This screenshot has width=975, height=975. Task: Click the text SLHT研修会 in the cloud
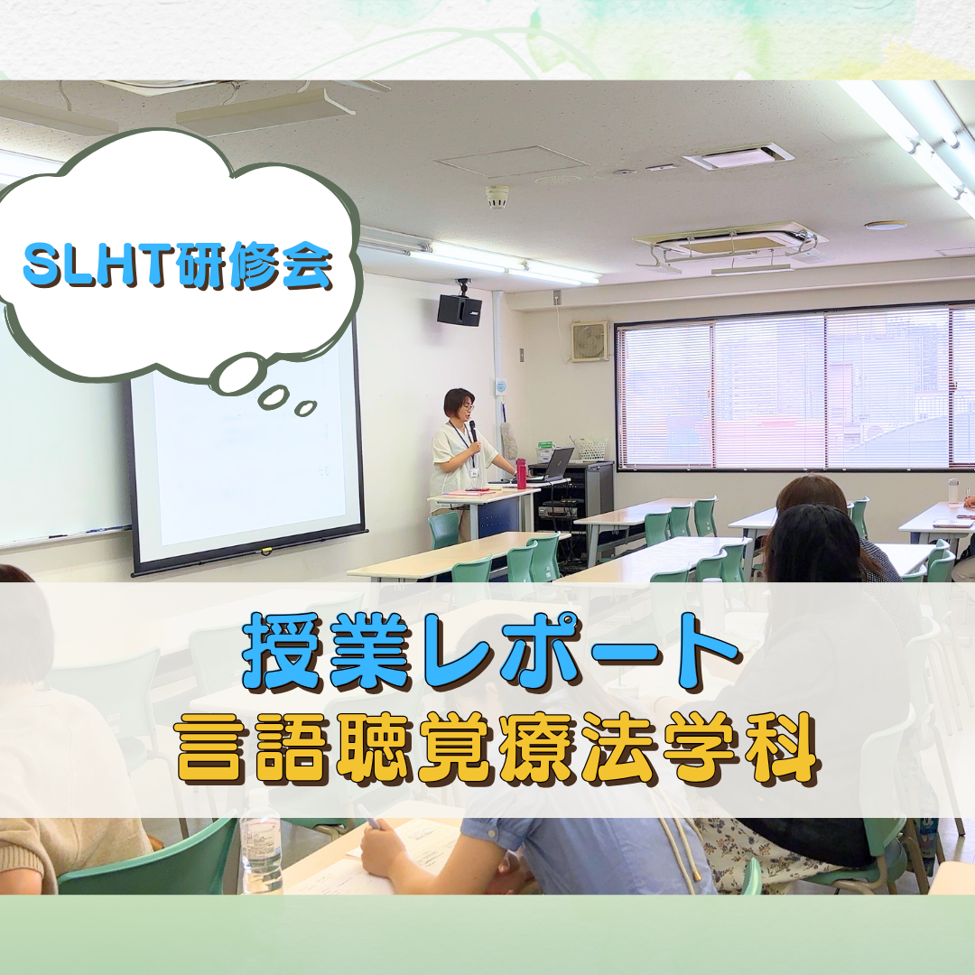click(x=177, y=265)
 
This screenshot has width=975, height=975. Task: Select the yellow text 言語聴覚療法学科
click(x=497, y=747)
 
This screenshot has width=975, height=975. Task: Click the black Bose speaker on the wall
click(x=459, y=309)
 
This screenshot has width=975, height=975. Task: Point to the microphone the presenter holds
click(x=472, y=432)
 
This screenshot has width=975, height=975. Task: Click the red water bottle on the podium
click(x=521, y=470)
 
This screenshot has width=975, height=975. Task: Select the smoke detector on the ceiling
click(x=497, y=197)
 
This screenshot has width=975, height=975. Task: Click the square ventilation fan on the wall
click(x=590, y=340)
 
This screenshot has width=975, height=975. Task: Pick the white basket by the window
click(x=590, y=449)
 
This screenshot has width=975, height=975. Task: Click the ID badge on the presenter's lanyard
click(x=474, y=472)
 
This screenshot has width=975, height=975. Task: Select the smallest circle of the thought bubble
click(x=305, y=408)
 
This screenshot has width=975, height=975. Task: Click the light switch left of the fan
click(x=522, y=355)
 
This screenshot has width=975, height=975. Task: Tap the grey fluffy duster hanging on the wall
click(x=509, y=439)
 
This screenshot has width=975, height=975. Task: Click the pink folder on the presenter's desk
click(x=467, y=492)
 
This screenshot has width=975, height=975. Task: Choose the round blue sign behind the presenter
click(x=501, y=386)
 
